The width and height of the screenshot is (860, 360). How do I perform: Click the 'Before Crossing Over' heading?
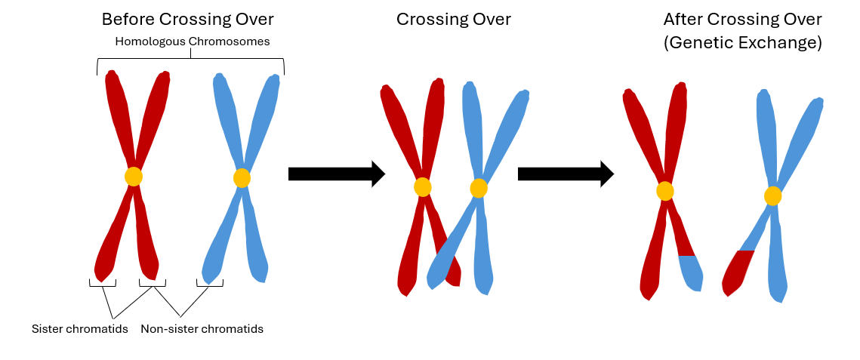(187, 19)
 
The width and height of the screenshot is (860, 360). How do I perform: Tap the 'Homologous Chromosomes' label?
(192, 42)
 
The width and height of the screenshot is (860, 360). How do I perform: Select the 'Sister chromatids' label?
(79, 329)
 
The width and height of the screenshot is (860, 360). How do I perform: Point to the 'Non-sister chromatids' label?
(202, 329)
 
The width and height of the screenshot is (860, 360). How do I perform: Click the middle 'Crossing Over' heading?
(453, 19)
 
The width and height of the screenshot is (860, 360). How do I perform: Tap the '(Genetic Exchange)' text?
(742, 43)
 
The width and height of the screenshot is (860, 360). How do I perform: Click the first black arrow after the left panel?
(336, 174)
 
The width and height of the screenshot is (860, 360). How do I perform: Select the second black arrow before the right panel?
(565, 174)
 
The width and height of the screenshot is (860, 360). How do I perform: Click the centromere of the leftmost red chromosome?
(133, 177)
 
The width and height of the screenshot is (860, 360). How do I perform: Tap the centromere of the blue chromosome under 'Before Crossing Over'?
(242, 178)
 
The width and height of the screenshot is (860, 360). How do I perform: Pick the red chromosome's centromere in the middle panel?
(423, 186)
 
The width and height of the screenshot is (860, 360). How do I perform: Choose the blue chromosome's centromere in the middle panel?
(479, 188)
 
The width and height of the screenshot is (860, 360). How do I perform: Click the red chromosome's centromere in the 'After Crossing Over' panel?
(665, 191)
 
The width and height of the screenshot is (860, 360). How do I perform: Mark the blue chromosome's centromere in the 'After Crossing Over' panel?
(772, 196)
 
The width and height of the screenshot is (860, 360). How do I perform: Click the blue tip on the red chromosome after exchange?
(690, 272)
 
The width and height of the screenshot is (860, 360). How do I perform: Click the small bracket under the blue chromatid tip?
(209, 284)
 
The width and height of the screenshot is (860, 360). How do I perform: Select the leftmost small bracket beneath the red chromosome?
(102, 284)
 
